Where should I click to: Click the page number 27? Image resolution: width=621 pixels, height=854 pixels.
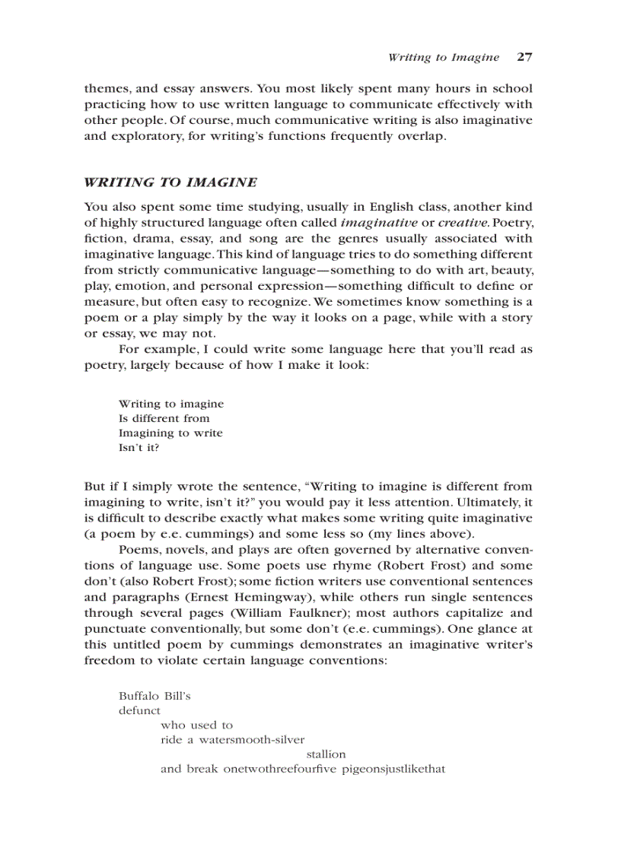point(524,57)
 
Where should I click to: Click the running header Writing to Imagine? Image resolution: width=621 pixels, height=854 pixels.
point(443,58)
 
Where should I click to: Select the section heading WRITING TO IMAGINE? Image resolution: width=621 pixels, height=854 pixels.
point(170,183)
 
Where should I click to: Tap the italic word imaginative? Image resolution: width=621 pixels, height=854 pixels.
point(378,222)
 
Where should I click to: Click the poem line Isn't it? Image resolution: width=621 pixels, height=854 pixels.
point(139,447)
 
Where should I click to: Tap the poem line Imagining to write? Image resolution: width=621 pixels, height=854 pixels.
point(170,433)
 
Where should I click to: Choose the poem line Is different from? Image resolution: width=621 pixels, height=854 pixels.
point(164,418)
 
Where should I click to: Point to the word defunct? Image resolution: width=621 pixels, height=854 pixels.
point(139,710)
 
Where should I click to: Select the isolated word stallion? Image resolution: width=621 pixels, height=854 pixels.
point(326,754)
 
